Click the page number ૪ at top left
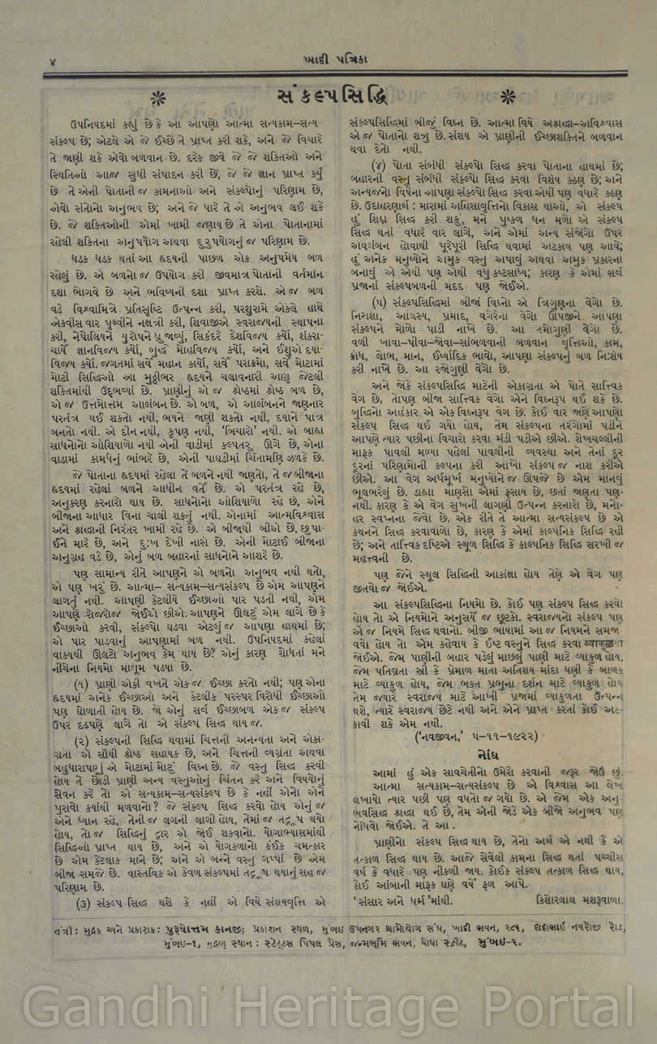click(x=51, y=62)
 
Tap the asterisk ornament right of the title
click(x=484, y=97)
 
